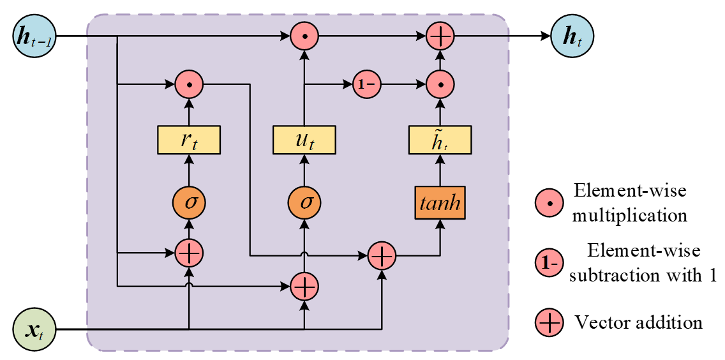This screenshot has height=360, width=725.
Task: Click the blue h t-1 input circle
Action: (35, 36)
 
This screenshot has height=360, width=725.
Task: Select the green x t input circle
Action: (35, 329)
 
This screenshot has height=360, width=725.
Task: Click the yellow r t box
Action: (189, 140)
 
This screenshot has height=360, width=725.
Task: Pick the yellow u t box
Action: (304, 140)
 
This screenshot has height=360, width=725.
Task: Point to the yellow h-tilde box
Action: (440, 140)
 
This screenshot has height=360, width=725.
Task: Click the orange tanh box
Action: (440, 203)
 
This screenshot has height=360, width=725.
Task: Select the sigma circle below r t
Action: (189, 203)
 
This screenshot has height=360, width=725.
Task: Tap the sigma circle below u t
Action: (304, 203)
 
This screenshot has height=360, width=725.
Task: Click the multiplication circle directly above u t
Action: (304, 36)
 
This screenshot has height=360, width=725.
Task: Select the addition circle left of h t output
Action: (440, 36)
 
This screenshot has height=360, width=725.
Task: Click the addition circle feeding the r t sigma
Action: (189, 253)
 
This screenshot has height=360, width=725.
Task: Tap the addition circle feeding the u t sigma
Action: (304, 287)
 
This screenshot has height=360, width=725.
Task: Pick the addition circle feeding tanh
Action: (382, 255)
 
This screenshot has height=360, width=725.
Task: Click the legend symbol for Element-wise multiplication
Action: (548, 203)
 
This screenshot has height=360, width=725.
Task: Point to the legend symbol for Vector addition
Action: (548, 322)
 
